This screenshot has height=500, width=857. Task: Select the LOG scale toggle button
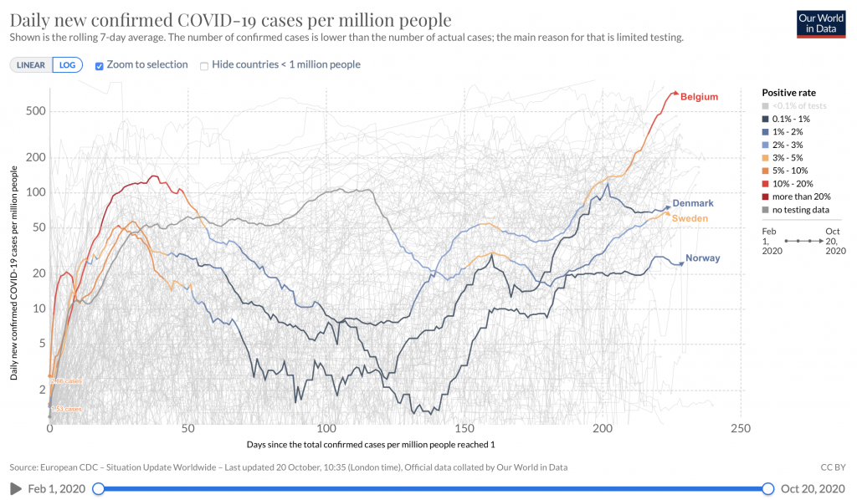point(67,65)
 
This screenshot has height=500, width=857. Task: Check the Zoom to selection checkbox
point(100,65)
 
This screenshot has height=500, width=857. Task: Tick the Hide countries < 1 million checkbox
point(203,65)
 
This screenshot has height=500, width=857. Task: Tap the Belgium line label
point(699,97)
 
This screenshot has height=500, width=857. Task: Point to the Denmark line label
point(694,203)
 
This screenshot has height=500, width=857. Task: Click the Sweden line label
point(690,218)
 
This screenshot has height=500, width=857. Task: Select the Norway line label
point(702,258)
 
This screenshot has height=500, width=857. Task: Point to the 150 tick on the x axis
point(464,428)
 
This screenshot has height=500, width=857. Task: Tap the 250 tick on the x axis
point(740,428)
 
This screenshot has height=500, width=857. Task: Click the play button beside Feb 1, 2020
point(14,488)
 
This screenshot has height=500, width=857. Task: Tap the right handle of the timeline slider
point(769,488)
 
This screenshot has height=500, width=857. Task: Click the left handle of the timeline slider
point(98,488)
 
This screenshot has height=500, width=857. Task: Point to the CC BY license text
point(834,467)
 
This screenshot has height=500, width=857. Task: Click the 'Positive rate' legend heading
point(788,92)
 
